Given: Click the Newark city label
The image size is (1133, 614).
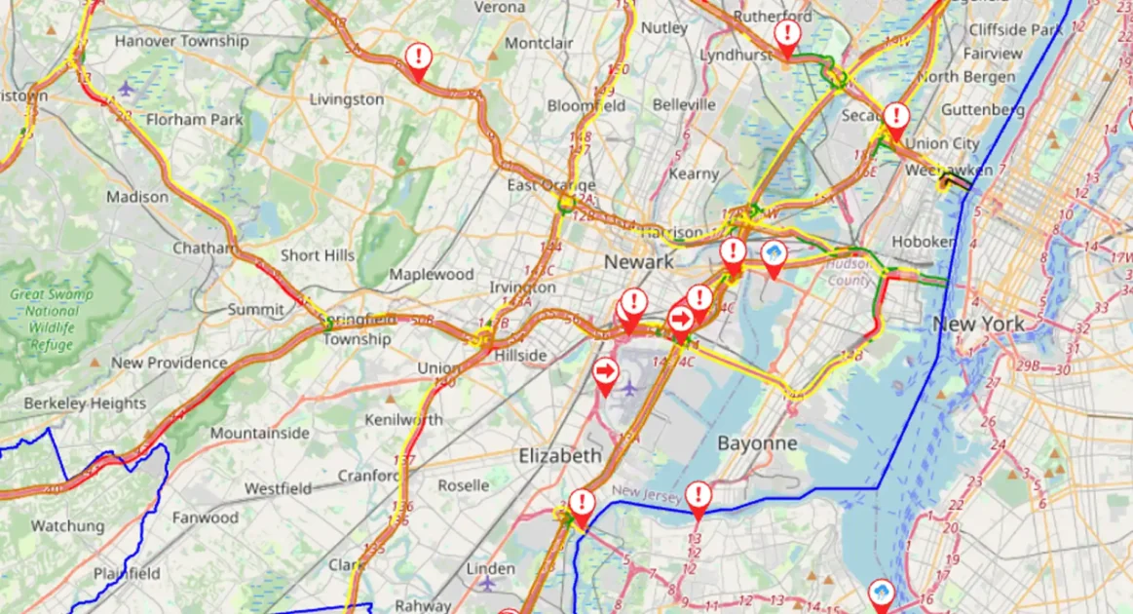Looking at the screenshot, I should (x=638, y=262).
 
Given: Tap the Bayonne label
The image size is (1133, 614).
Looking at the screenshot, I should (x=757, y=443).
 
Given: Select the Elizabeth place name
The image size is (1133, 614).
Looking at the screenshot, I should (x=560, y=456).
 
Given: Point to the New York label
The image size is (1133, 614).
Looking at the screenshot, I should (x=978, y=324).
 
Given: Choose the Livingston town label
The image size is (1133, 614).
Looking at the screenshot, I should (x=347, y=99).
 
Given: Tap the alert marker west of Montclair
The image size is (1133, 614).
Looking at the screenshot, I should (x=418, y=58).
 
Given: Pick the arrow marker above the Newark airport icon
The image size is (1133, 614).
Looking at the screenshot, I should (x=605, y=372).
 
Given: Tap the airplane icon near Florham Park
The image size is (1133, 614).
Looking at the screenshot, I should (x=126, y=89).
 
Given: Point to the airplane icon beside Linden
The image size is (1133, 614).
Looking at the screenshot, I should (x=487, y=583).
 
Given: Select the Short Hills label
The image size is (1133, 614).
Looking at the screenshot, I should (x=318, y=255).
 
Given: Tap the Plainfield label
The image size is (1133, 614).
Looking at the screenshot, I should (x=126, y=573).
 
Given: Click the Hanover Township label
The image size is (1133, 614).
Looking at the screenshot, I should (x=181, y=41).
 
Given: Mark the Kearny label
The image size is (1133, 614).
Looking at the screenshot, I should (x=694, y=173).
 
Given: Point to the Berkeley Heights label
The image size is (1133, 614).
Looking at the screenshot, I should (x=85, y=403).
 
